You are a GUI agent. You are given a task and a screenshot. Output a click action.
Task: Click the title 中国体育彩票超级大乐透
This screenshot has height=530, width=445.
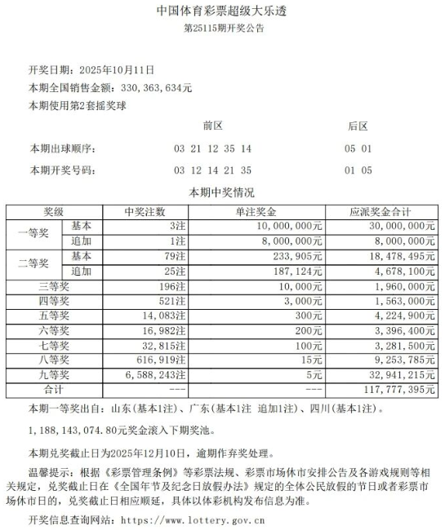(222, 12)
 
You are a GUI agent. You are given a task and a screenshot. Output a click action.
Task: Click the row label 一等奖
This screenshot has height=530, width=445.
(34, 233)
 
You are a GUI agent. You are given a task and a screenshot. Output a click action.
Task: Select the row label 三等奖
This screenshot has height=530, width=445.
(56, 286)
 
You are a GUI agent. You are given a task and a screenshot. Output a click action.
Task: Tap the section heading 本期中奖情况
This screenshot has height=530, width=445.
(222, 193)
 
